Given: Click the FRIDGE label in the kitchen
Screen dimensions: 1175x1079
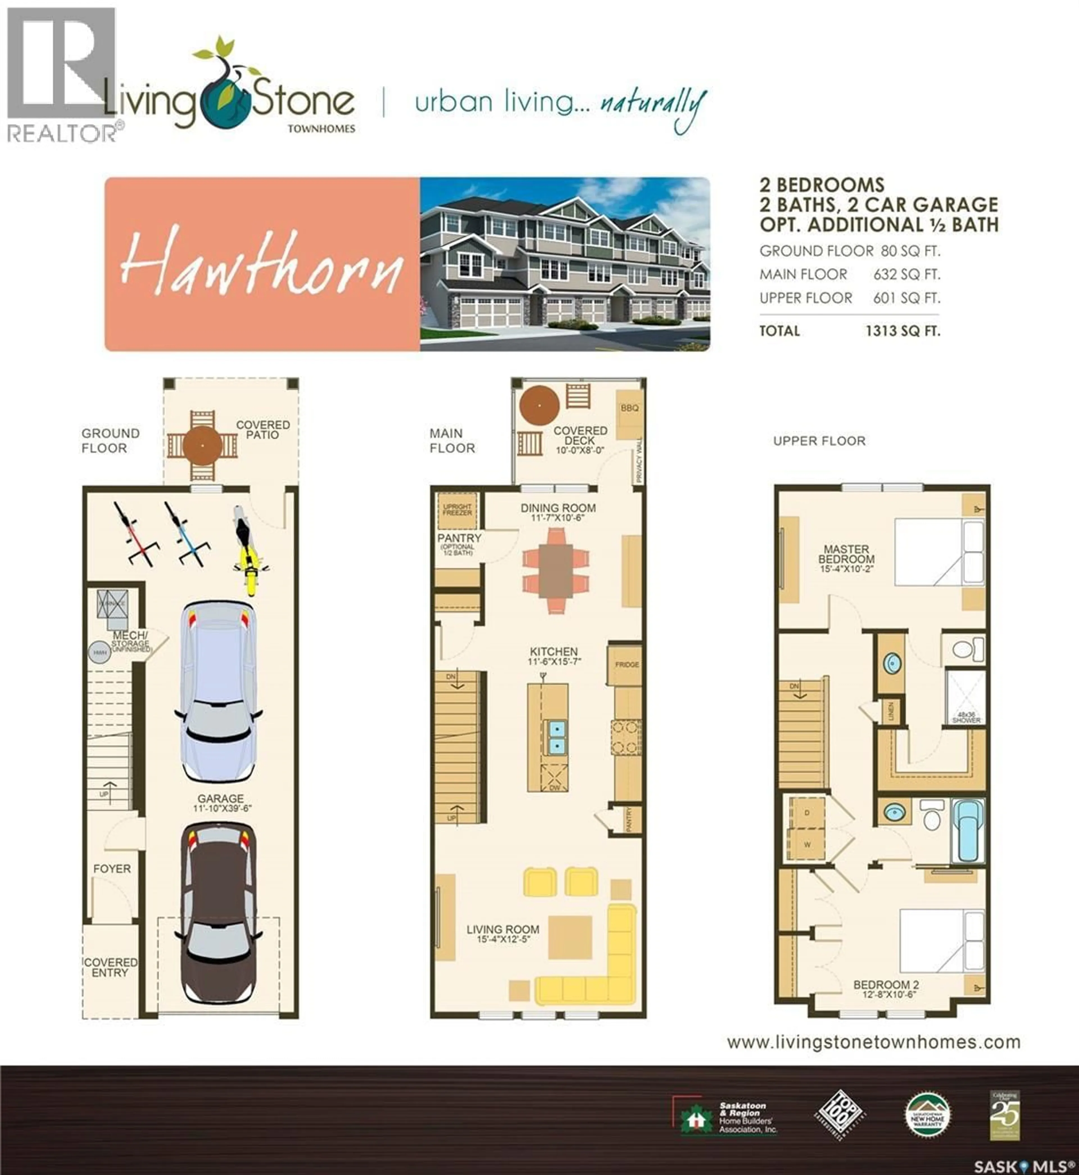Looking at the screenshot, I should click(x=627, y=665).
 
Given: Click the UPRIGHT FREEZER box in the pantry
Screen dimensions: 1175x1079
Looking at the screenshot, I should click(x=457, y=510).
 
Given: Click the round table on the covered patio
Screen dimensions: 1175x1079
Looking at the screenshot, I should click(x=202, y=446).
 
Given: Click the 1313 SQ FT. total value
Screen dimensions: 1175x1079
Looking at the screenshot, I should click(x=903, y=331).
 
